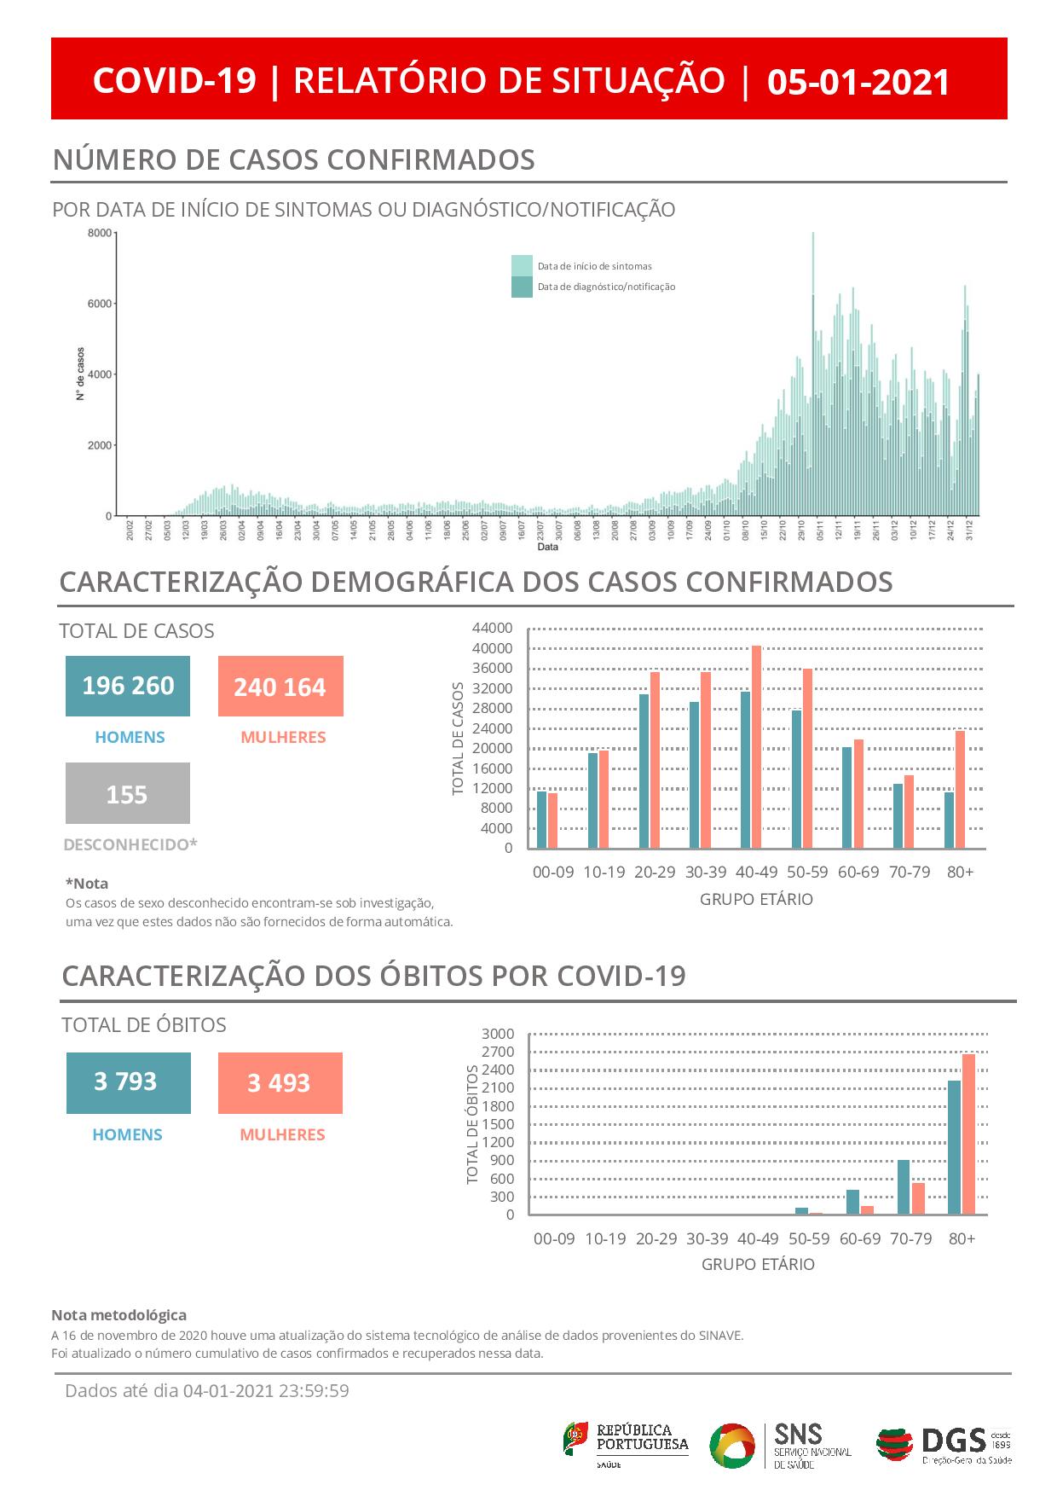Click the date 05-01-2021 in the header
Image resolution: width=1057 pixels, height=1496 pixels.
point(858,82)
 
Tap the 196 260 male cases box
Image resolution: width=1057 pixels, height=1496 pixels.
point(128,686)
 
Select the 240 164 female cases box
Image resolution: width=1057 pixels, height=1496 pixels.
point(280,687)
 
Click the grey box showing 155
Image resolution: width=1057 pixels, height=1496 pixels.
point(128,794)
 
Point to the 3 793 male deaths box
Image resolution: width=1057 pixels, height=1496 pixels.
point(128,1082)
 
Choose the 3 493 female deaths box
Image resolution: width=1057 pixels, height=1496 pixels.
point(280,1083)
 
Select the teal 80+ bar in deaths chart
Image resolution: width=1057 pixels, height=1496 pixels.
point(954,1147)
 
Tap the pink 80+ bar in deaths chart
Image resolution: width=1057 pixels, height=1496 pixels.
point(968,1134)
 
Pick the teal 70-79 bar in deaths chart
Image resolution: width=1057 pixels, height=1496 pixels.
point(904,1187)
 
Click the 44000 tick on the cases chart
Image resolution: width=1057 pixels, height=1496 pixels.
point(492,629)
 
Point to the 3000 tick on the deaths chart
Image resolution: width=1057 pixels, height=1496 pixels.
point(498,1034)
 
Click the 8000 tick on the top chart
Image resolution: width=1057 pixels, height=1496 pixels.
point(100,233)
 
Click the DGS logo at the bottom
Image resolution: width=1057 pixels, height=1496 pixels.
point(944,1445)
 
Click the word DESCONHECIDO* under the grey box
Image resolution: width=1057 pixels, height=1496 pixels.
point(130,844)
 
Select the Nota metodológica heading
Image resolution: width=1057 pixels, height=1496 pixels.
point(118,1315)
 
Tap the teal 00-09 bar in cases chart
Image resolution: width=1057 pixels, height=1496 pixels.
point(541,820)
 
